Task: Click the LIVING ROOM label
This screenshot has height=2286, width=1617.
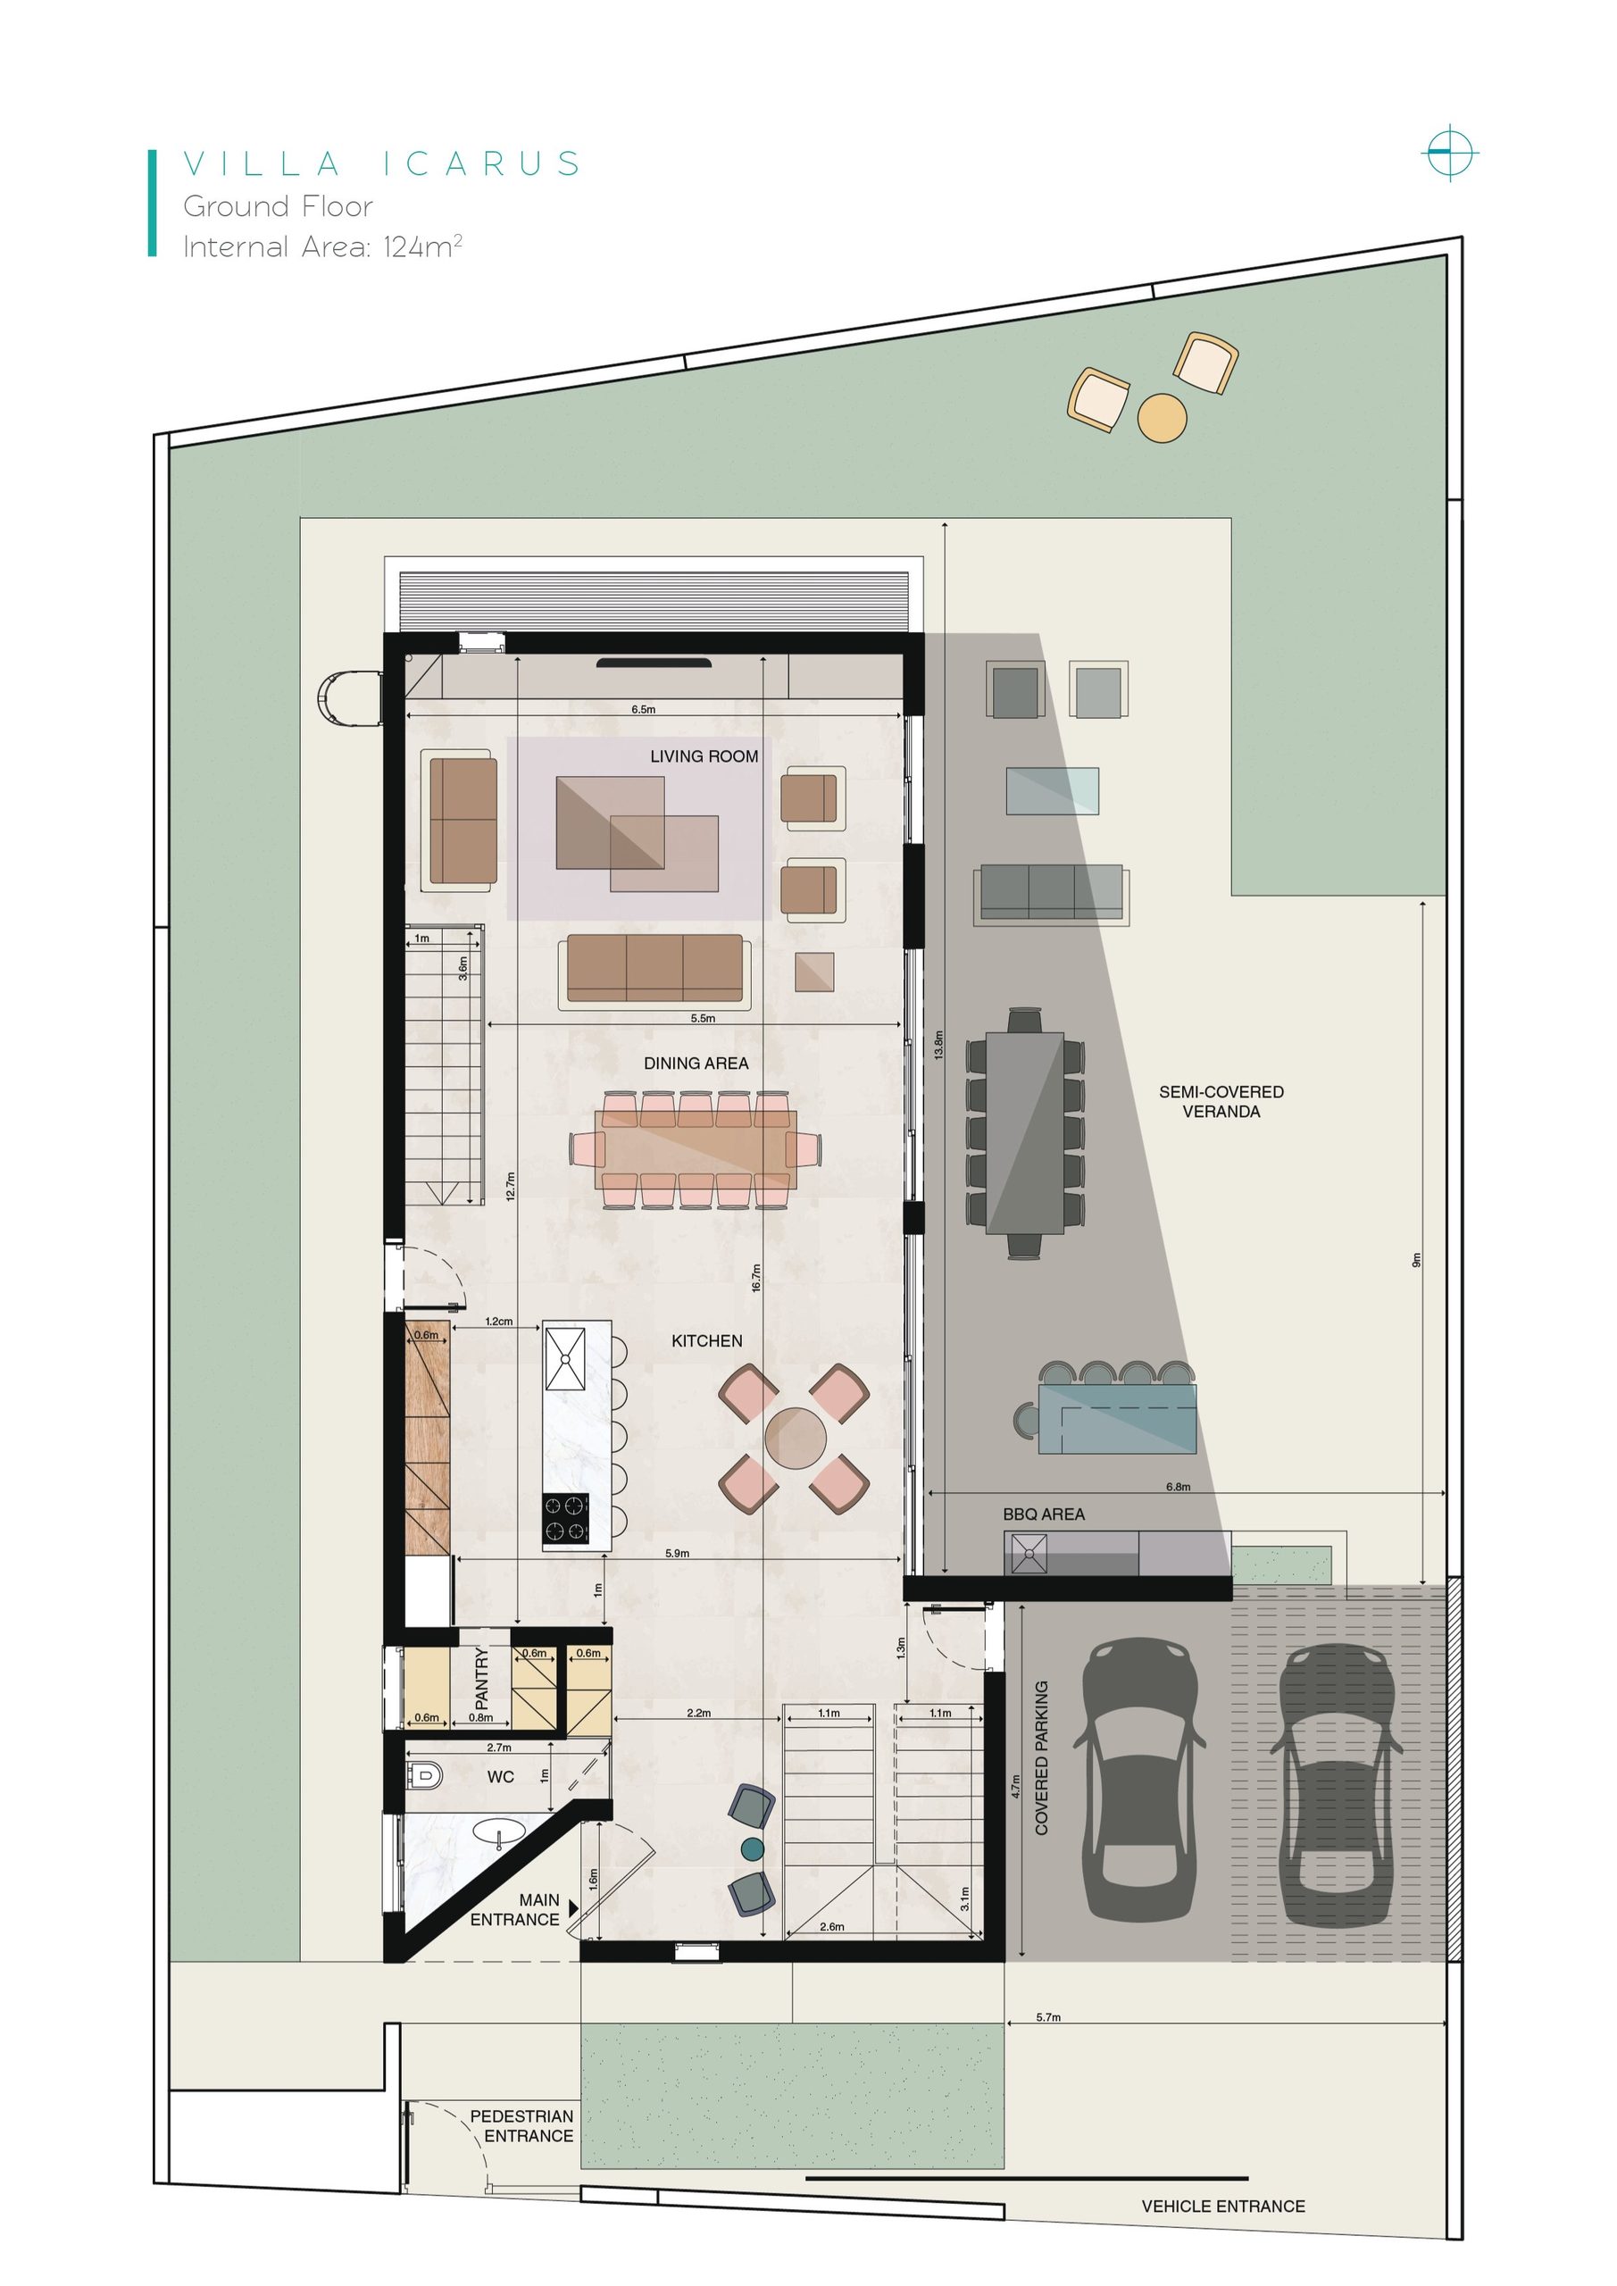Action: pos(704,756)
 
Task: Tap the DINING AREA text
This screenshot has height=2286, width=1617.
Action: pos(696,1064)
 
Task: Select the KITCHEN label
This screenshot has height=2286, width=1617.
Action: pos(707,1341)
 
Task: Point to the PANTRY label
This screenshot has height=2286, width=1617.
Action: pos(482,1678)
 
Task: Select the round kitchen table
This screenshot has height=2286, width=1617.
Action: pos(795,1438)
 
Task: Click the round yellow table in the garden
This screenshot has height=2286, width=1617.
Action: pos(1162,417)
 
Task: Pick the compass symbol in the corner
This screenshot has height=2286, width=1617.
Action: pos(1450,154)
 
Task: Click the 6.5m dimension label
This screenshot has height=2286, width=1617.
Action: pos(643,710)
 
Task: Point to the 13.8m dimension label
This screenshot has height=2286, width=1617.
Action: pos(938,1045)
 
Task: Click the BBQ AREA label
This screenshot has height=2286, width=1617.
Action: pos(1044,1514)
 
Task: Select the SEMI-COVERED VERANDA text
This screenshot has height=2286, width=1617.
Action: pos(1221,1101)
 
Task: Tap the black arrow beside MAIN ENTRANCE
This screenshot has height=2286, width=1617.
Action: pos(573,1907)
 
